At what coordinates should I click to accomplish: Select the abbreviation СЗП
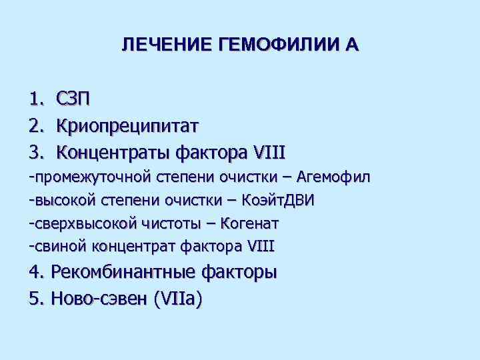pyautogui.click(x=75, y=99)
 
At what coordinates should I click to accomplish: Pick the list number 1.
pyautogui.click(x=36, y=99)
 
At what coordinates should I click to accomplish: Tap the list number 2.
pyautogui.click(x=36, y=125)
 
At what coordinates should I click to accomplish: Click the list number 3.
pyautogui.click(x=36, y=153)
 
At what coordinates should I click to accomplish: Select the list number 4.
pyautogui.click(x=36, y=272)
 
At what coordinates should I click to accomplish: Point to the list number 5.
pyautogui.click(x=36, y=299)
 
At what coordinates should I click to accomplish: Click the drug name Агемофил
pyautogui.click(x=338, y=179)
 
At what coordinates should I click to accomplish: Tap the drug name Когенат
pyautogui.click(x=255, y=223)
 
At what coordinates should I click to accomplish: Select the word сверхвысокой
pyautogui.click(x=77, y=223)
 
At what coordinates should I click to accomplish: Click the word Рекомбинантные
pyautogui.click(x=123, y=272)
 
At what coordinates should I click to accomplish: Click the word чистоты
pyautogui.click(x=161, y=223)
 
